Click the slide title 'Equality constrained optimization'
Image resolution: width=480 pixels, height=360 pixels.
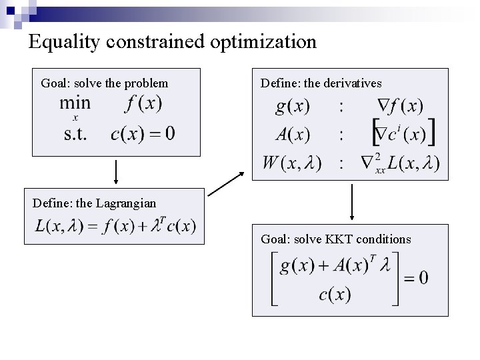173,42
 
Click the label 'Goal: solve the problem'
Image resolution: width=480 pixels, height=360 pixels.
105,84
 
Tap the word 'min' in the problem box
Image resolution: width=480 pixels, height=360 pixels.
75,104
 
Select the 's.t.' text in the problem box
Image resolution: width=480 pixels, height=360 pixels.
79,133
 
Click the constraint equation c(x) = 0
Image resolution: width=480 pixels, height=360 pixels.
143,133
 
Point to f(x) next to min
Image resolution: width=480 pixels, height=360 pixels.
143,104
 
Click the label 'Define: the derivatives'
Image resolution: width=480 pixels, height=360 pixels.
321,83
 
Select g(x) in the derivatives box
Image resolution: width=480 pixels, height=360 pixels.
293,107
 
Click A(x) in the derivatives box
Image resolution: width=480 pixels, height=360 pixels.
293,135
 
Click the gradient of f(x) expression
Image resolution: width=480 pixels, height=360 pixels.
397,107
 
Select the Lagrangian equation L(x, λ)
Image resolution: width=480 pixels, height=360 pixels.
116,226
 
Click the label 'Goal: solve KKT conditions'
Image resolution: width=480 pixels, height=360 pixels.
335,239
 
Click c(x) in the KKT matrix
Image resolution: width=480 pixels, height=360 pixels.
335,293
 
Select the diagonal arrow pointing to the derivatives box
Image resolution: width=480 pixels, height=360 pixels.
226,184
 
